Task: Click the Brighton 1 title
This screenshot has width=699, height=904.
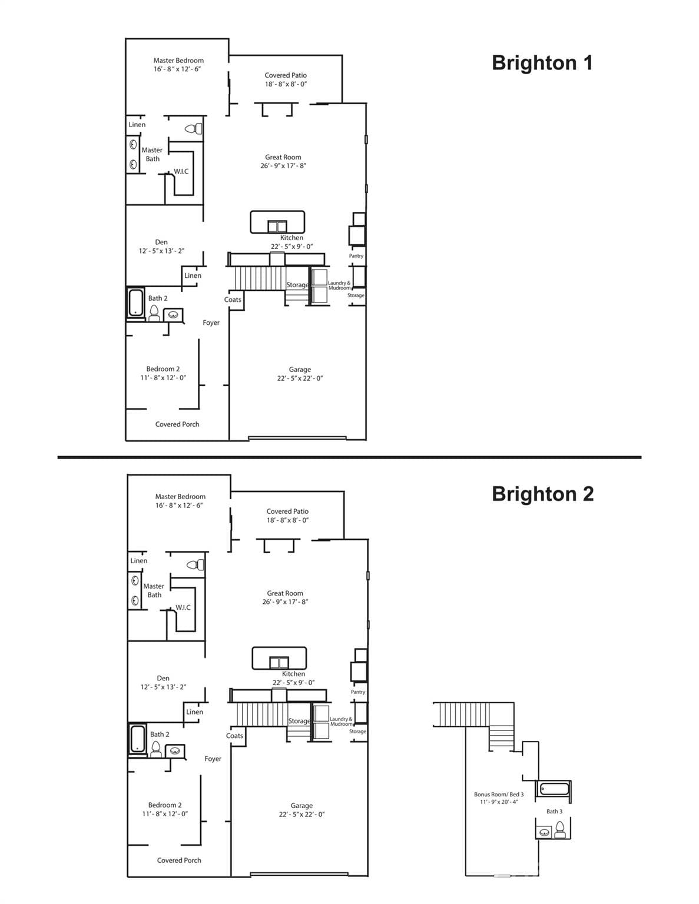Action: coord(542,63)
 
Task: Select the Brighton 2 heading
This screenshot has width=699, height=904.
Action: coord(542,494)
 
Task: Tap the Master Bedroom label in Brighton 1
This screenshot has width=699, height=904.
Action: coord(178,61)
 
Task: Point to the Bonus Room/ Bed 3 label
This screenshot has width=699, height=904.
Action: coord(499,795)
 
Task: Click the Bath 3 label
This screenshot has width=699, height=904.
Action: coord(554,812)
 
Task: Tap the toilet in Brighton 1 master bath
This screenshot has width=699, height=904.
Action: coord(194,128)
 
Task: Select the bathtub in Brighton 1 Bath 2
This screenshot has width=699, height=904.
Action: coord(136,303)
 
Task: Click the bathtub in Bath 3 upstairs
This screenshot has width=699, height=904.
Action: coord(553,789)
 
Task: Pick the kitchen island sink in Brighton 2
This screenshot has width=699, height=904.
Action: coord(279,662)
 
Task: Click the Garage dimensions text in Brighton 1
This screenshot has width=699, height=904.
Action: coord(300,378)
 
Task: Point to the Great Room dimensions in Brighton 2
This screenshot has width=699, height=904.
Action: coord(285,602)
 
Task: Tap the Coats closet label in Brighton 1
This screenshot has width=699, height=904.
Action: coord(233,300)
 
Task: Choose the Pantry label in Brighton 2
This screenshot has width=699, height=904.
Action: coord(358,692)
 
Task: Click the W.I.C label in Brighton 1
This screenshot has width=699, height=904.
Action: coord(181,172)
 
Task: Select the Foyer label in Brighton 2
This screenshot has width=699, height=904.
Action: coord(213,759)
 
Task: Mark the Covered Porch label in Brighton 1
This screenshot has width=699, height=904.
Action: coord(177,424)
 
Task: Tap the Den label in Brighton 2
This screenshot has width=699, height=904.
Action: coord(163,679)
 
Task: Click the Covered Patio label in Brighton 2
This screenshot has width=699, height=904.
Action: coord(287,511)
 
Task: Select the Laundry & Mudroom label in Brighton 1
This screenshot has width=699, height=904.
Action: coord(339,285)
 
